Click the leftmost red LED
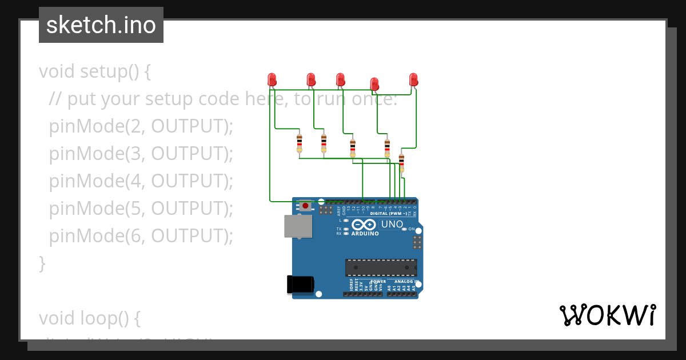point(272,79)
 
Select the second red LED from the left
point(311,79)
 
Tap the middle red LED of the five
point(341,79)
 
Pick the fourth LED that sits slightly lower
point(374,83)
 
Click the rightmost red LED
point(413,79)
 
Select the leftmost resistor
point(299,143)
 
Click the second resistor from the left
point(324,143)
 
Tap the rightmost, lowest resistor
point(401,162)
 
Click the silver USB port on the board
point(298,226)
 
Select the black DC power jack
point(300,284)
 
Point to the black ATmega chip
point(381,267)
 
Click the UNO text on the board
point(392,225)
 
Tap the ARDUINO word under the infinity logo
point(365,234)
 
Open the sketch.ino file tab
point(101,25)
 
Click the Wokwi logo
point(608,315)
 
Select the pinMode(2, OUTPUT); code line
point(141,126)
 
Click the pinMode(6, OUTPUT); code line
point(141,235)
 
